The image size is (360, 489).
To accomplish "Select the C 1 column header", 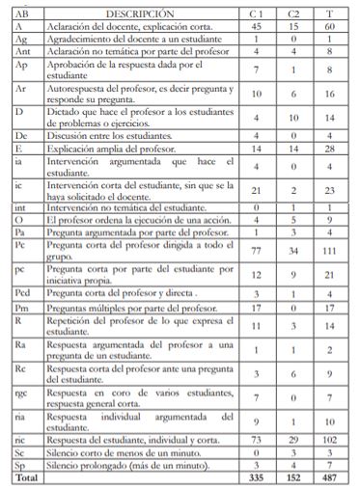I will (x=256, y=15).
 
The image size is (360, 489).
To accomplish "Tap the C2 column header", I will (x=293, y=15).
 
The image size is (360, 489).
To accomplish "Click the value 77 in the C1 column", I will (x=256, y=251).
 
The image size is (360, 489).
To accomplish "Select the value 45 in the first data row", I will (x=256, y=27).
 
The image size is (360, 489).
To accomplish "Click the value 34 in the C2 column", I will (x=293, y=251).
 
